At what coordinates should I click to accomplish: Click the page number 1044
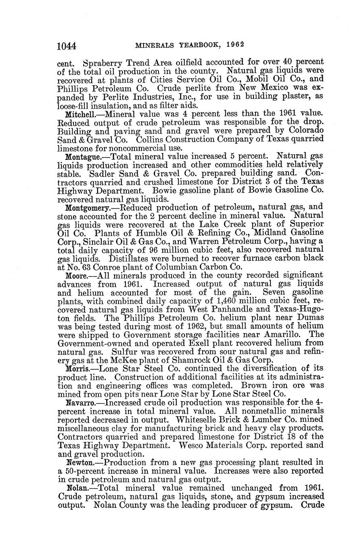(67, 45)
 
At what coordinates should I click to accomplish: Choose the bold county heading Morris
(77, 368)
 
